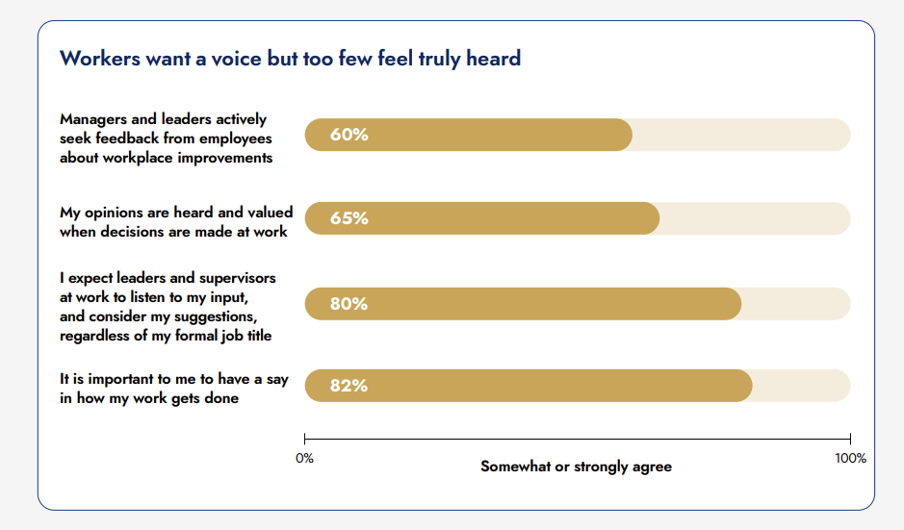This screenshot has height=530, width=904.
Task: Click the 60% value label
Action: coord(349,135)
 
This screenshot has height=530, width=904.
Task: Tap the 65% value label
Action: coord(349,218)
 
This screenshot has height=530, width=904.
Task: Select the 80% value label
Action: coord(349,304)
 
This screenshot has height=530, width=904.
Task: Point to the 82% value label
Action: coord(349,386)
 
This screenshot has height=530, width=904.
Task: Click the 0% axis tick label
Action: coord(304,459)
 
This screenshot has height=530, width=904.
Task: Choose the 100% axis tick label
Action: coord(850,459)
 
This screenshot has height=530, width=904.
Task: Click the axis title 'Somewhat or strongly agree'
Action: coord(576,467)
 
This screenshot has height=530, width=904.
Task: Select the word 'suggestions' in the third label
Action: coord(221,316)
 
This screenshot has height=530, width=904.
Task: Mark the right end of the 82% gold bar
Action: coord(751,386)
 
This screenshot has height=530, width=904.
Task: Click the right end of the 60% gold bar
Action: coord(632,135)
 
